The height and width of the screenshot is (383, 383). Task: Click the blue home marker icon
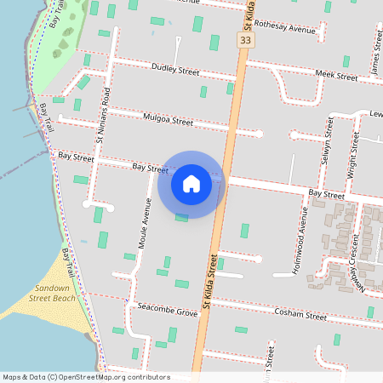pyautogui.click(x=191, y=183)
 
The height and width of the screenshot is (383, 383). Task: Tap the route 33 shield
pyautogui.click(x=246, y=40)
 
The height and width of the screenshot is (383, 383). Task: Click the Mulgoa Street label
pyautogui.click(x=169, y=120)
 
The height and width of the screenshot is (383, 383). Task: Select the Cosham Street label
pyautogui.click(x=300, y=315)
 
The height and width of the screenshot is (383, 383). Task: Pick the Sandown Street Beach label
pyautogui.click(x=53, y=294)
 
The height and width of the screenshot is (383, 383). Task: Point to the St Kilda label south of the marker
pyautogui.click(x=207, y=284)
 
